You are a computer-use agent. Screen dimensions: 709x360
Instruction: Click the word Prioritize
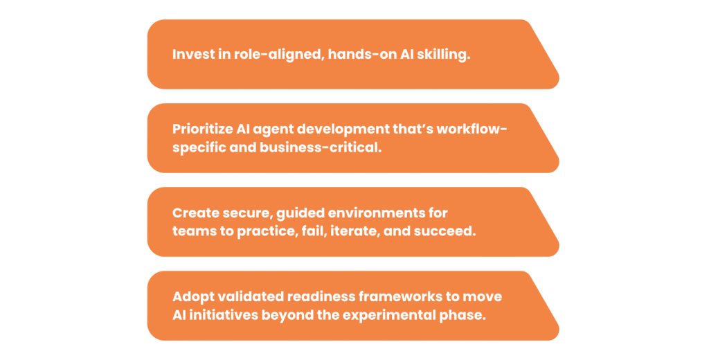[x=201, y=129]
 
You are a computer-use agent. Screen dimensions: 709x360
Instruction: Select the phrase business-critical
[x=320, y=148]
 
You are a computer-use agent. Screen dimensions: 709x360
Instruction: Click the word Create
[x=192, y=213]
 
